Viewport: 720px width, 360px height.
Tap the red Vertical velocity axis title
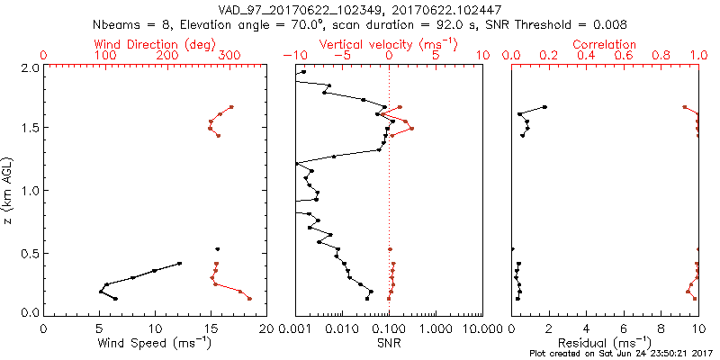pyautogui.click(x=388, y=44)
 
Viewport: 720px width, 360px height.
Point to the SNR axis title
pyautogui.click(x=389, y=343)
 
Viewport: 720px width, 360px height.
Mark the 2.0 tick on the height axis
pyautogui.click(x=27, y=67)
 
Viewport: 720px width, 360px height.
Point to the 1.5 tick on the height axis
pyautogui.click(x=27, y=129)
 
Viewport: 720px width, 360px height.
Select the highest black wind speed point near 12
pyautogui.click(x=180, y=264)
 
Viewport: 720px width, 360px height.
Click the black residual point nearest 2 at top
pyautogui.click(x=544, y=107)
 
